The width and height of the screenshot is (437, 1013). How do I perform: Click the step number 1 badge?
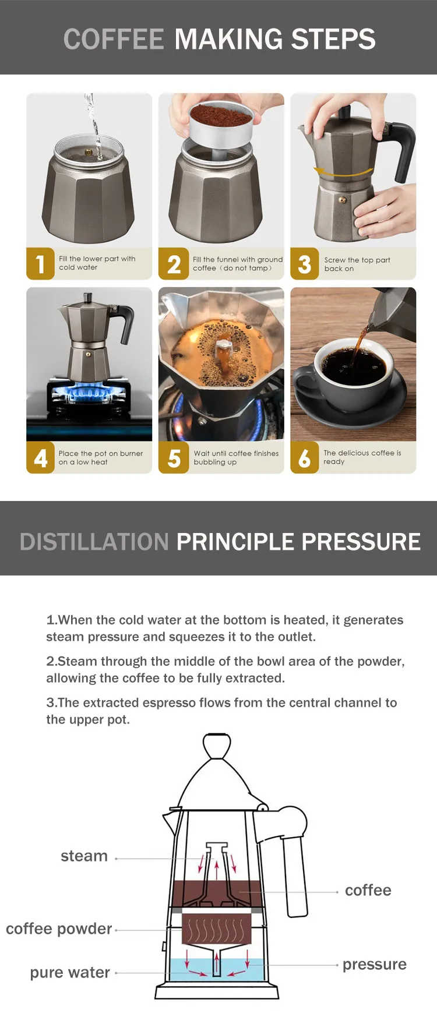click(40, 263)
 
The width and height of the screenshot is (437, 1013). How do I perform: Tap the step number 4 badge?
click(40, 457)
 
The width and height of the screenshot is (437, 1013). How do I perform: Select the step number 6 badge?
click(304, 457)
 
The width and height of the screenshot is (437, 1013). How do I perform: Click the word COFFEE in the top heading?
click(114, 39)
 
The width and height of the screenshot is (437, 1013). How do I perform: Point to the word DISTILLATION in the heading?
click(94, 542)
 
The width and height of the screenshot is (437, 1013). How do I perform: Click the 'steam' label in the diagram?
click(84, 856)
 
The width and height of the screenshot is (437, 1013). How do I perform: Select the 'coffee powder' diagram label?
click(59, 929)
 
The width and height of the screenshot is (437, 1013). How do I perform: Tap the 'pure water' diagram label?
click(70, 972)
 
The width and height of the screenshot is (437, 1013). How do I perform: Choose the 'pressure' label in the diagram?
click(375, 964)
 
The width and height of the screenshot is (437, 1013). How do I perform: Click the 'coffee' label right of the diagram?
click(368, 890)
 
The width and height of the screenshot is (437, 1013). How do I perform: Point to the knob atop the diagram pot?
click(217, 746)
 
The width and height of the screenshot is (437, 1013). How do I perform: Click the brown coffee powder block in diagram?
click(212, 929)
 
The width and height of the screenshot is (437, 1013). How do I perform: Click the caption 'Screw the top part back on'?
click(357, 264)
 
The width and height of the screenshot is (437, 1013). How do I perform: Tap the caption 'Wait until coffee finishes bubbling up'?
click(236, 457)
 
